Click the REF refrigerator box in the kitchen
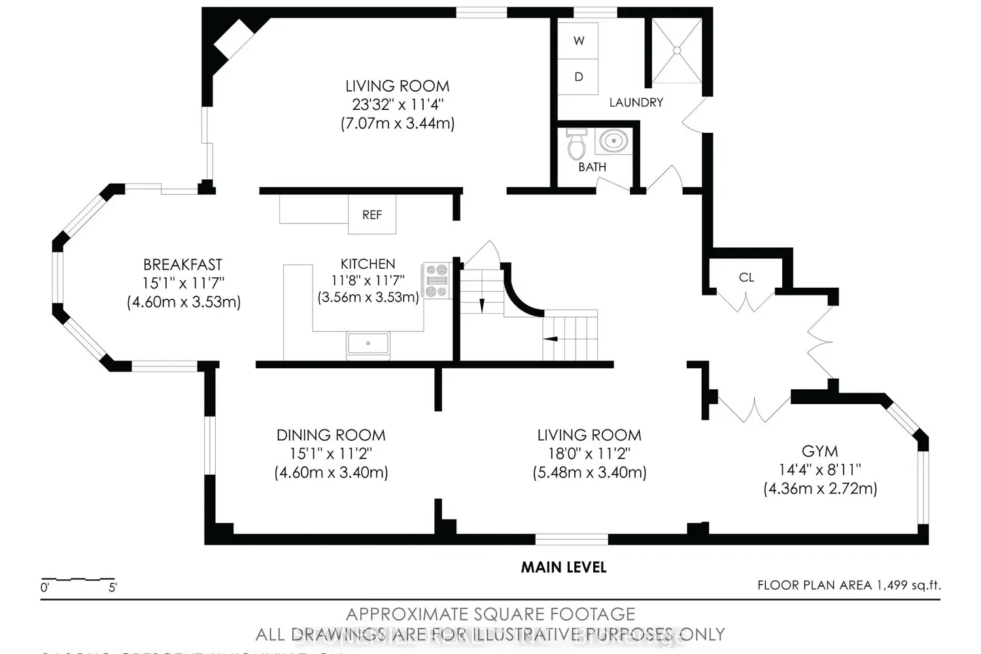(371, 215)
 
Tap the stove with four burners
(436, 280)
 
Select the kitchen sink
(368, 343)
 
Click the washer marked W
(578, 41)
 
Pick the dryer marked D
(578, 77)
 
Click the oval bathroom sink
(613, 140)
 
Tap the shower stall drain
(677, 50)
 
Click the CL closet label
(746, 277)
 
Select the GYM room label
(819, 451)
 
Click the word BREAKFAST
(182, 265)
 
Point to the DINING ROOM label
(331, 435)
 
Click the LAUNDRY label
(636, 103)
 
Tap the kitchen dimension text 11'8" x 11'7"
(368, 281)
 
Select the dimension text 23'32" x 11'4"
(398, 105)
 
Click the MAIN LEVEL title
(563, 568)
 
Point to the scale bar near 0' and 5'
(78, 580)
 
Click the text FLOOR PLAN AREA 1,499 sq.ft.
(848, 585)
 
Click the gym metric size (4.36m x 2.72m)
(820, 489)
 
